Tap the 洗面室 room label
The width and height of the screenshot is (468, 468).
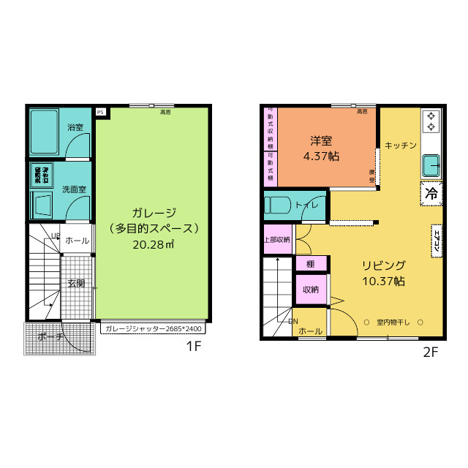coord(74,189)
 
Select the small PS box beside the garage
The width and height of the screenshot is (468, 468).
coord(100,112)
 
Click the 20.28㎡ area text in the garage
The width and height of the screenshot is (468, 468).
coord(153,244)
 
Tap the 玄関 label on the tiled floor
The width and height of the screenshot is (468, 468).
coord(76,283)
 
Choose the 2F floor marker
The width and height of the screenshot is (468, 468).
coord(430,352)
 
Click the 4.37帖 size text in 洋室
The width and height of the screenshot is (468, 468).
coord(321,156)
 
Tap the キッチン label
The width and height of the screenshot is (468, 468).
coord(400,145)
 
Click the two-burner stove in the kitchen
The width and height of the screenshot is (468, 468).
coord(431,121)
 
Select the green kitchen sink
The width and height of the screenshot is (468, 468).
coord(431,165)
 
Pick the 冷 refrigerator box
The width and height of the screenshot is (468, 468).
coord(431,194)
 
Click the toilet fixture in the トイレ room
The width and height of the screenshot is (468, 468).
coord(279,205)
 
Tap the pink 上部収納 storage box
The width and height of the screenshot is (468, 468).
coord(277,239)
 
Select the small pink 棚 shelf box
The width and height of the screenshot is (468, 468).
coord(310,264)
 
